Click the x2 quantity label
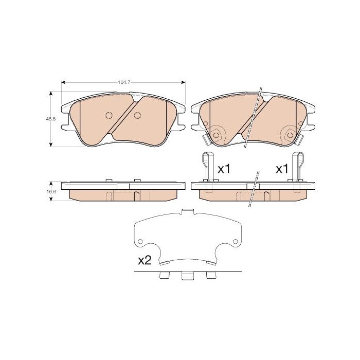(144, 261)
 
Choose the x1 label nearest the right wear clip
(281, 168)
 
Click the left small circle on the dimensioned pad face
(109, 115)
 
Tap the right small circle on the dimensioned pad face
(137, 115)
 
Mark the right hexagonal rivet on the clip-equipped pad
(290, 135)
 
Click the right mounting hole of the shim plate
(235, 242)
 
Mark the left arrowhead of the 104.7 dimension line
(63, 82)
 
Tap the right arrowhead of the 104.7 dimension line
(184, 82)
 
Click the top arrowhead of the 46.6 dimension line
(51, 94)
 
